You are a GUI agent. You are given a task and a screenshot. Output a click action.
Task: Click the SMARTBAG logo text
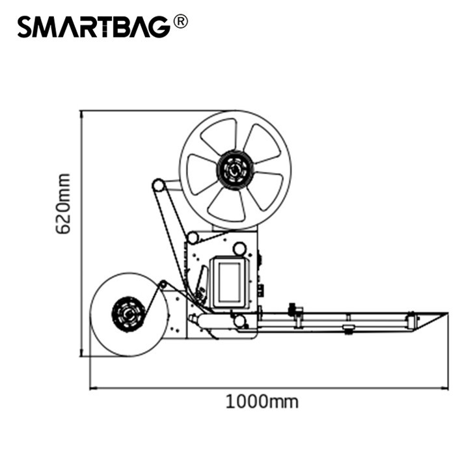click(94, 27)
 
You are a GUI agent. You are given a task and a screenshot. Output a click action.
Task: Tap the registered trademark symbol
click(180, 22)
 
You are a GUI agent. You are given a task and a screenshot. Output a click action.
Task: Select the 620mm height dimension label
click(63, 204)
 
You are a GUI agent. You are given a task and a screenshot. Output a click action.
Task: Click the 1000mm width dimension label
click(262, 401)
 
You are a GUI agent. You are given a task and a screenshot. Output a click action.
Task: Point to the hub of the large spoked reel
click(234, 170)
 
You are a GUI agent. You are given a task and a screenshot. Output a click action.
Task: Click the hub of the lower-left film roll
click(129, 314)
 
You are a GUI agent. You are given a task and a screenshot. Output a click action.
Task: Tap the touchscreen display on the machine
click(230, 282)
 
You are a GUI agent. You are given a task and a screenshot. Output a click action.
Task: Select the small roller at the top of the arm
click(158, 185)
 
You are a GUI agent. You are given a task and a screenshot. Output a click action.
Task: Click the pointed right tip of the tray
click(448, 313)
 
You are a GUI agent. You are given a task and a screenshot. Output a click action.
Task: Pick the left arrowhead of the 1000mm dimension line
click(92, 387)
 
